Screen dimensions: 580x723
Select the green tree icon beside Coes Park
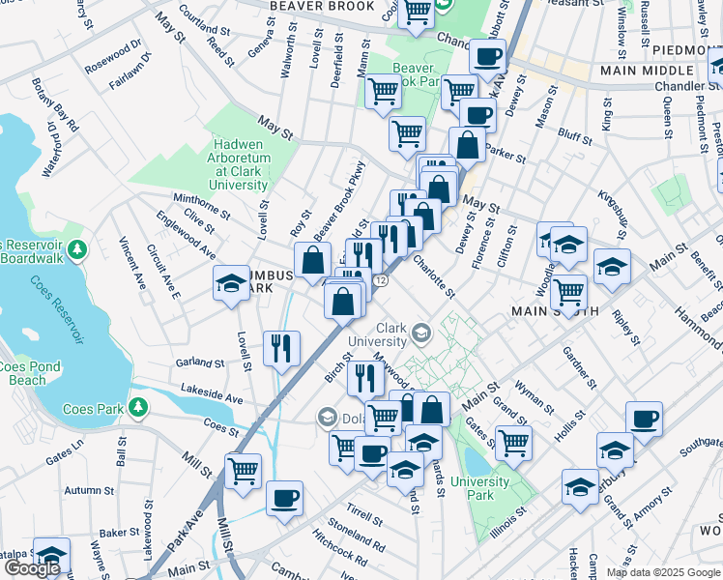point(138,408)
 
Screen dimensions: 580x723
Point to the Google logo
point(31,568)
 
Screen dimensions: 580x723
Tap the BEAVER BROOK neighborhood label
point(308,7)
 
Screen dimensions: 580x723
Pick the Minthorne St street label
point(201,204)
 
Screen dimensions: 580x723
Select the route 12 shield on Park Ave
point(381,280)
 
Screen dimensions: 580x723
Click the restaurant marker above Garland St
point(281,347)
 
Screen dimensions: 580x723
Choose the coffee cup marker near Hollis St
point(644,420)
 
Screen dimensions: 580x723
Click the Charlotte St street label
point(434,275)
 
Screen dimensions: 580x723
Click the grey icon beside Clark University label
point(420,334)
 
